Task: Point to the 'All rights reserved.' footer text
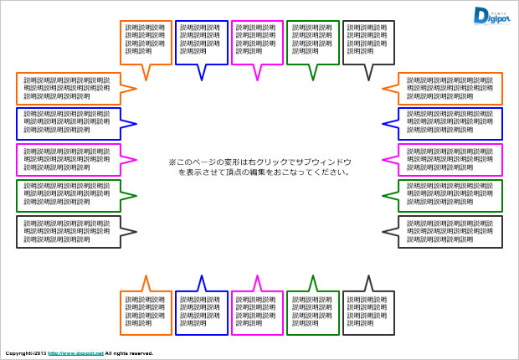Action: (129, 354)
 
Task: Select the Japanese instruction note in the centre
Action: (259, 167)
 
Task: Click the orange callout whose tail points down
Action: (146, 42)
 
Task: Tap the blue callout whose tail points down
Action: (201, 42)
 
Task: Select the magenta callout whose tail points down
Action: (257, 42)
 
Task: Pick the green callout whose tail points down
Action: (312, 42)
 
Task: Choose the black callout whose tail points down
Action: (368, 42)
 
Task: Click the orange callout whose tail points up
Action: (146, 312)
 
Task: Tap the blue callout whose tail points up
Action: (201, 312)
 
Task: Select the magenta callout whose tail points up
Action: (257, 312)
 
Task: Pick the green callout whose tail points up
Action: (312, 312)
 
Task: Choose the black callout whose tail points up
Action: (368, 312)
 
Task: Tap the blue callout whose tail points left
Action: (450, 124)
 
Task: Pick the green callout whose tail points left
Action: (450, 195)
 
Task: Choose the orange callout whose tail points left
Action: (450, 89)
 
